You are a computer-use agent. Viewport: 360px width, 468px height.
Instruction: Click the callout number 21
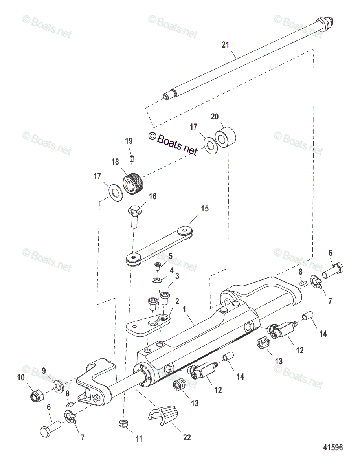(225, 45)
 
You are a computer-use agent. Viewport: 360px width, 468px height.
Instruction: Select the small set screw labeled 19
(132, 158)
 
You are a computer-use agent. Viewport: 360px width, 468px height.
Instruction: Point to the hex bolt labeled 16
(134, 216)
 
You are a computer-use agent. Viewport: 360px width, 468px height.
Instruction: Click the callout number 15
(205, 208)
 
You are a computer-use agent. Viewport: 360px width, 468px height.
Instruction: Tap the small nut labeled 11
(123, 423)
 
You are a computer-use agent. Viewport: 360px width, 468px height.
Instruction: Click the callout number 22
(187, 437)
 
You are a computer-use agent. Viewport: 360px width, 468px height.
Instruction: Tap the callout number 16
(152, 196)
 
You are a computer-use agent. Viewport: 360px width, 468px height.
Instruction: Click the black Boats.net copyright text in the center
(173, 143)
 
